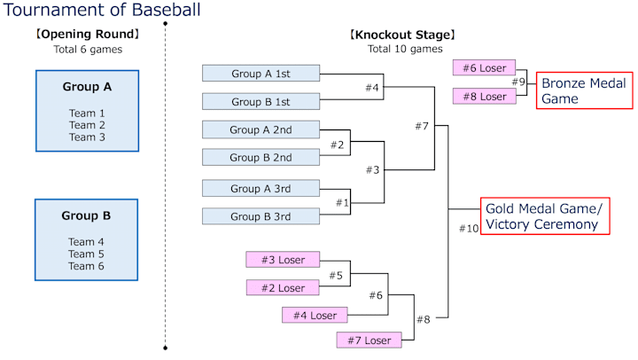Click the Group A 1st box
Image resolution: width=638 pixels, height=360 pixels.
click(x=261, y=74)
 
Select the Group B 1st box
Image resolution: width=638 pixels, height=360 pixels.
click(x=261, y=102)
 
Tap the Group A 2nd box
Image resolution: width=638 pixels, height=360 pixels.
click(x=261, y=129)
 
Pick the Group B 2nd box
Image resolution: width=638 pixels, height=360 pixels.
click(x=261, y=158)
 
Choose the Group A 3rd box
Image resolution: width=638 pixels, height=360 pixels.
click(x=261, y=188)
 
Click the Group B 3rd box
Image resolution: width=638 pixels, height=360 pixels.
click(x=261, y=216)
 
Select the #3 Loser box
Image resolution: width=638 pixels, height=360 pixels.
click(x=283, y=260)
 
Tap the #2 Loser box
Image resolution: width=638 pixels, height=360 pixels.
click(x=283, y=288)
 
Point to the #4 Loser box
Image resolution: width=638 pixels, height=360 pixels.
click(x=311, y=315)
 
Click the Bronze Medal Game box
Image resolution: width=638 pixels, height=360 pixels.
click(x=584, y=90)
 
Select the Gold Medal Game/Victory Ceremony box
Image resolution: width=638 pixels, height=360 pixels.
click(x=545, y=216)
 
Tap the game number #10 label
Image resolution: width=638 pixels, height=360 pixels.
click(x=469, y=229)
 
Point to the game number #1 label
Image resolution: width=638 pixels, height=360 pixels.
click(x=342, y=203)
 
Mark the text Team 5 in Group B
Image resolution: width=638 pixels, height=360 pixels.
click(x=87, y=254)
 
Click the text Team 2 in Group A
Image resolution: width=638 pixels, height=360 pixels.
click(x=87, y=125)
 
